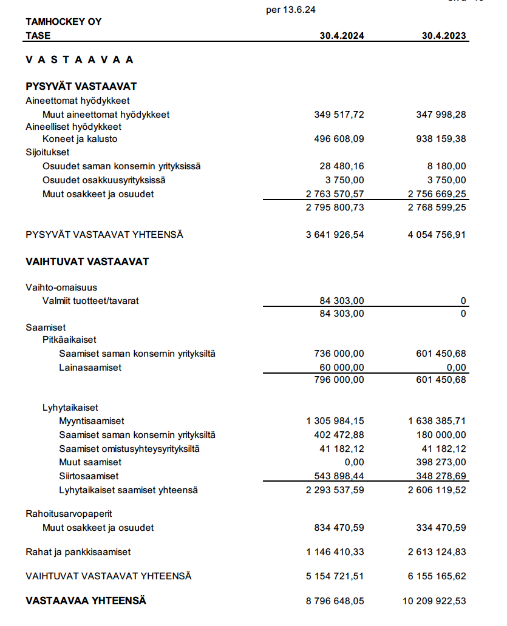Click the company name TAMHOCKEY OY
(64, 22)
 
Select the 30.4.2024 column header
(342, 36)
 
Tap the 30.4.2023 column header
(444, 36)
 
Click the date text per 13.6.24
(291, 10)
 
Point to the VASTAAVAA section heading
(80, 59)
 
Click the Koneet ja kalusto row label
(80, 139)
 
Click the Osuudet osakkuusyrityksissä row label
(104, 180)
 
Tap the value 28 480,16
(342, 166)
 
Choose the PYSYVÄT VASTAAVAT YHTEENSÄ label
(104, 234)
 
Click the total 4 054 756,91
(437, 234)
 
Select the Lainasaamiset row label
(90, 368)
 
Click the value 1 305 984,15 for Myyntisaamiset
(335, 421)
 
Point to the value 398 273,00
(441, 463)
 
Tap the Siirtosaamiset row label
(89, 476)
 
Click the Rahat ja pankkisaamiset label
(78, 553)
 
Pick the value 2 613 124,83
(437, 553)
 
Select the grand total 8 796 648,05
(335, 601)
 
